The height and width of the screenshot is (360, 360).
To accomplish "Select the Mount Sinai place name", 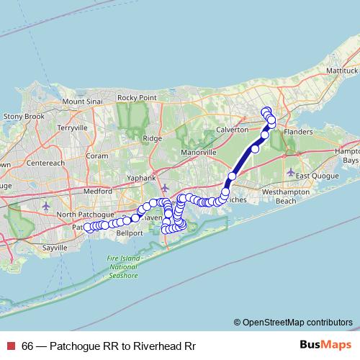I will click(x=83, y=102).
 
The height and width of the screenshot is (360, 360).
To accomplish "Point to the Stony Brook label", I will click(x=24, y=116).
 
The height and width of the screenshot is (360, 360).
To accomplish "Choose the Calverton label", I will click(x=232, y=130).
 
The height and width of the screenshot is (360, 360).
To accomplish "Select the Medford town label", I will click(x=98, y=192).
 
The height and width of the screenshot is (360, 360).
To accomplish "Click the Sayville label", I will click(x=53, y=247).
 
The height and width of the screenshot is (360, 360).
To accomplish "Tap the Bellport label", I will click(x=130, y=233).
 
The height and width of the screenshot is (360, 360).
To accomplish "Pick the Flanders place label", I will click(x=298, y=133).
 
